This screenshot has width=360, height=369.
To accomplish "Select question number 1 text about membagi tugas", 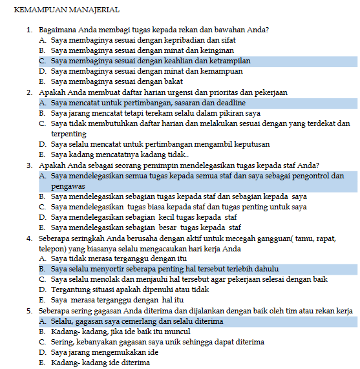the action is [x=154, y=30].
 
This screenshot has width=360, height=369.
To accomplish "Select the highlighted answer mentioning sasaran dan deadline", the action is [x=148, y=103].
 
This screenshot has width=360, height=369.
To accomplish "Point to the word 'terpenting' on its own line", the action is [x=69, y=134].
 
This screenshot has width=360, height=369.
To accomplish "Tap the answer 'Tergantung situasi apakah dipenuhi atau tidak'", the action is [x=129, y=289].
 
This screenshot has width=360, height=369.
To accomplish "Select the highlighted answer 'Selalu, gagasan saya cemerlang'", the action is [x=136, y=321].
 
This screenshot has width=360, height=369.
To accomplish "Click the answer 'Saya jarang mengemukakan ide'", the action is [x=104, y=352].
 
